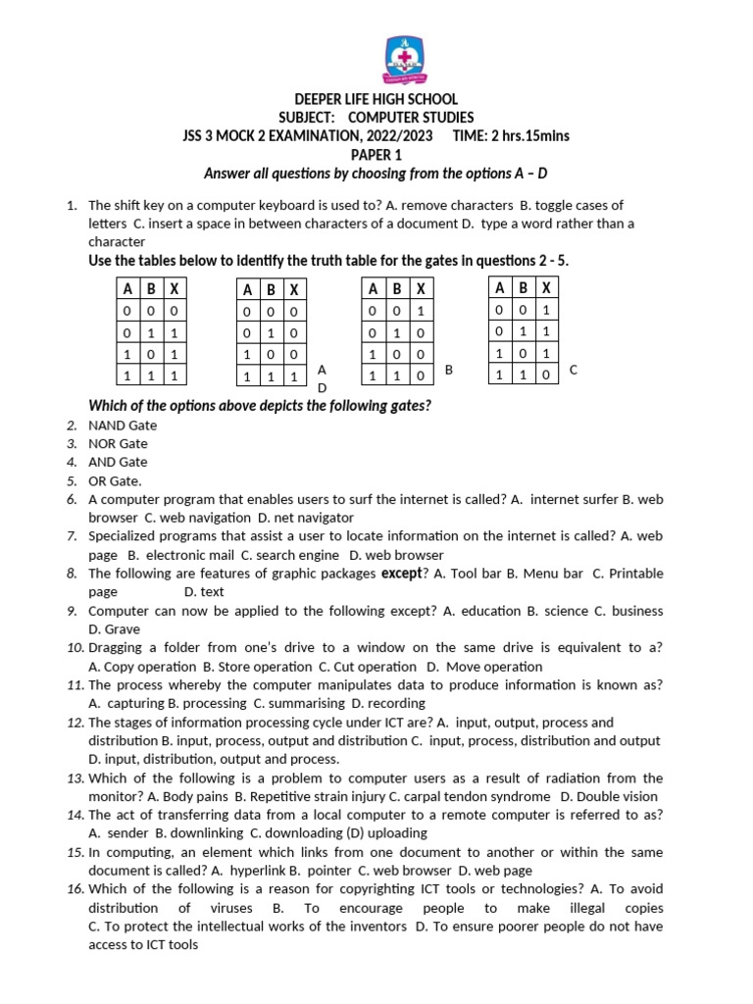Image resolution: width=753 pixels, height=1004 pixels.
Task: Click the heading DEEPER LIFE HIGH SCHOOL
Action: [376, 99]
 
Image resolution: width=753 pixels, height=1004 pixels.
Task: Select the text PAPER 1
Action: [376, 155]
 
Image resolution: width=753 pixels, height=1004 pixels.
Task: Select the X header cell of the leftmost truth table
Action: [174, 289]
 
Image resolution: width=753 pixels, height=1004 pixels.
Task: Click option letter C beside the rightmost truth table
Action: [574, 370]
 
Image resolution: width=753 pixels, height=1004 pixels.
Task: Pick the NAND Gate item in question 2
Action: [123, 426]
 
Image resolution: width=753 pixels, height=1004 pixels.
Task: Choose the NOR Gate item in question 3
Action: [118, 444]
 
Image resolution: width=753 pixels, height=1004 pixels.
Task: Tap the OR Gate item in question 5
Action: [115, 480]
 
